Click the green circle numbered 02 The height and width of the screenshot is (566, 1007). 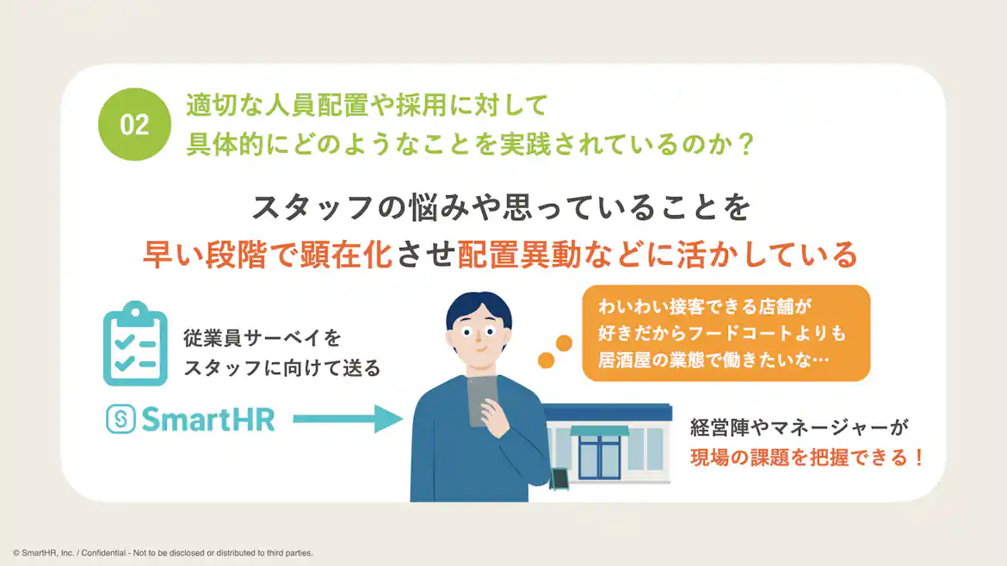[x=134, y=125]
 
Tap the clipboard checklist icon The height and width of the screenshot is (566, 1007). [x=134, y=343]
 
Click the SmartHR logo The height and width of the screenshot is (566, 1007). [x=190, y=419]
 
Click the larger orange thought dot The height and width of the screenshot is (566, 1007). [x=564, y=343]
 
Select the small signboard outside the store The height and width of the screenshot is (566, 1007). [x=561, y=478]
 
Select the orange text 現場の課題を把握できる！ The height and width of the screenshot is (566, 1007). [x=806, y=458]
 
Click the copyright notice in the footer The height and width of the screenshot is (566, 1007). [x=163, y=552]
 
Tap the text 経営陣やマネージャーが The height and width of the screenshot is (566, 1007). [x=800, y=427]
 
